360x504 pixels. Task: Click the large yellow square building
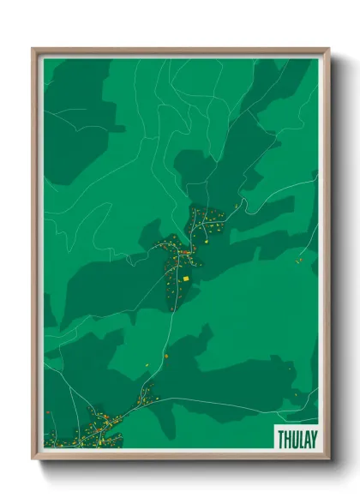coord(185,278)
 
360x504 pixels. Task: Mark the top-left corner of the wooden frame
coord(33,49)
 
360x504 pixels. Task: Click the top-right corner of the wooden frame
coord(328,49)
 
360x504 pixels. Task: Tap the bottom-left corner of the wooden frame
coord(33,459)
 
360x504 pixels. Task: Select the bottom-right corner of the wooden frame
coord(328,459)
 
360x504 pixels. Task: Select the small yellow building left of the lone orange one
coord(147,365)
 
